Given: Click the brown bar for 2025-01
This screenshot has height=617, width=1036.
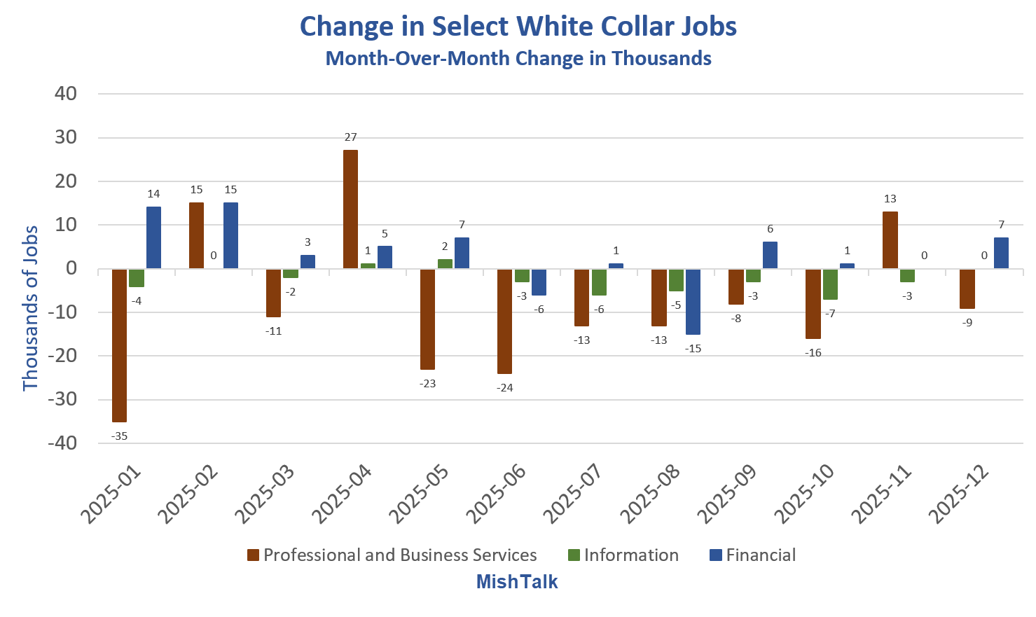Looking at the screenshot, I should click(x=119, y=345).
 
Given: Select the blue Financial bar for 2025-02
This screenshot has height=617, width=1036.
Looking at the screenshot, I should click(x=230, y=235).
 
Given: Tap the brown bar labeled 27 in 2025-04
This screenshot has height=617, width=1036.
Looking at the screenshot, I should click(x=350, y=209).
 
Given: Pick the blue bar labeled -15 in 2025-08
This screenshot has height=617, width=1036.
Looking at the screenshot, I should click(x=693, y=302).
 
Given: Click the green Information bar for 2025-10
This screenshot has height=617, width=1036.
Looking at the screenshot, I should click(x=830, y=284).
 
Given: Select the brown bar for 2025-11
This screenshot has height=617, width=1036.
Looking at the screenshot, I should click(x=890, y=240).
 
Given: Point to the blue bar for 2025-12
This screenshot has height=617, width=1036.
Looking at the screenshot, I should click(x=1001, y=253).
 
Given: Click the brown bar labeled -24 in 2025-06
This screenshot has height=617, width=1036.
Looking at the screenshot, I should click(x=504, y=321).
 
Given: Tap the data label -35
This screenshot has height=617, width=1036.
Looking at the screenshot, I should click(x=119, y=436).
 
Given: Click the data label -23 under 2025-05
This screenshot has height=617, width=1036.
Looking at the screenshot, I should click(x=427, y=384).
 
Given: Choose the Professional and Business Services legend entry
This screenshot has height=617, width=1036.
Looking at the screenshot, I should click(x=392, y=555).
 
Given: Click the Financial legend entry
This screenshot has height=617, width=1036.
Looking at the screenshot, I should click(x=752, y=555).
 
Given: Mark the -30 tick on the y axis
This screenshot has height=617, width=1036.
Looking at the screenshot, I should click(x=62, y=399).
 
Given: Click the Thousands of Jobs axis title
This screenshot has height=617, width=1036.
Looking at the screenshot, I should click(x=30, y=308).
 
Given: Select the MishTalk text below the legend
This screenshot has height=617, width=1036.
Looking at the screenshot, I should click(x=517, y=582).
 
